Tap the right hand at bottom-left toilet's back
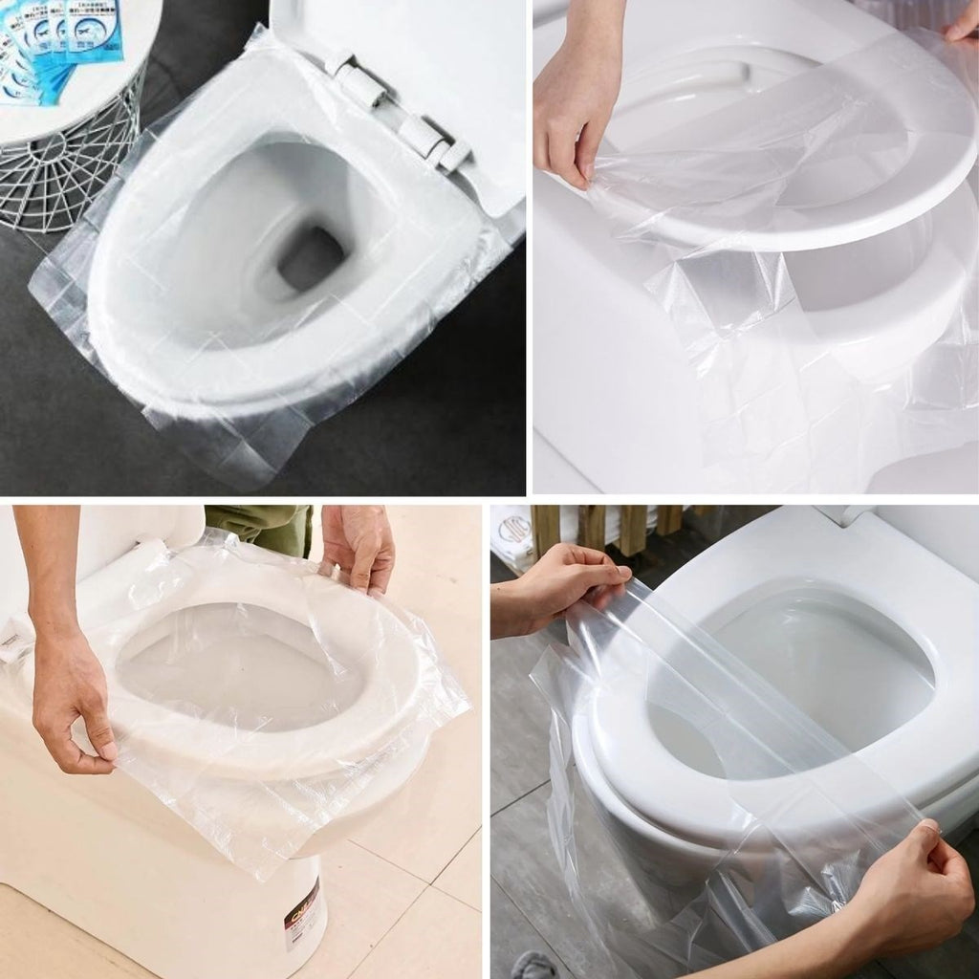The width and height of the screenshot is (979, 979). (x=359, y=545)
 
